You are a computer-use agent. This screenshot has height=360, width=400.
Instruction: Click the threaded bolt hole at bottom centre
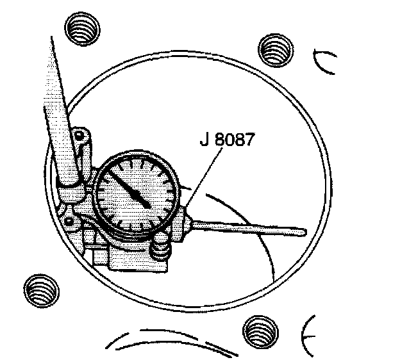click(260, 332)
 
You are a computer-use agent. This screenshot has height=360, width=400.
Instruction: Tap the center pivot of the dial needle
click(146, 204)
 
